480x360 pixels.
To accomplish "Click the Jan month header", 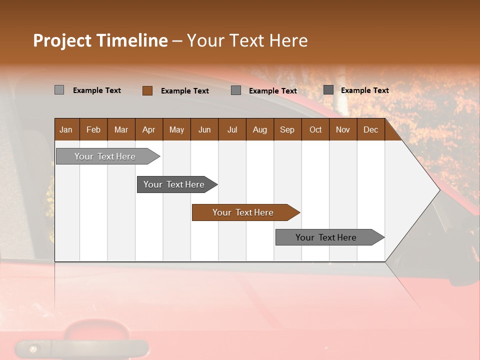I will [x=66, y=129].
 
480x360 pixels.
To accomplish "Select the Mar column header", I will [x=121, y=129].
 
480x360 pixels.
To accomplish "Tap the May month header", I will [x=176, y=129].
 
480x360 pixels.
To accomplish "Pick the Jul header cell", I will [x=232, y=129].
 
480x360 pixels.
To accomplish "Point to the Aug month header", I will [x=259, y=129].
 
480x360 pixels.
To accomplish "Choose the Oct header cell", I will [x=315, y=129].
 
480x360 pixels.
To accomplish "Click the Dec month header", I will [x=370, y=129].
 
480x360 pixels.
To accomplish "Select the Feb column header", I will [x=93, y=129].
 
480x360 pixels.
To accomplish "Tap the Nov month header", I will [x=342, y=129].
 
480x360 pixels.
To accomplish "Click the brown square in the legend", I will [x=147, y=90].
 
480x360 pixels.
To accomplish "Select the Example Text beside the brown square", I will [x=184, y=91].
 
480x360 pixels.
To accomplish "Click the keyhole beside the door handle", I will [x=33, y=349].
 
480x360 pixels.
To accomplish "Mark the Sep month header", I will [x=287, y=129].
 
